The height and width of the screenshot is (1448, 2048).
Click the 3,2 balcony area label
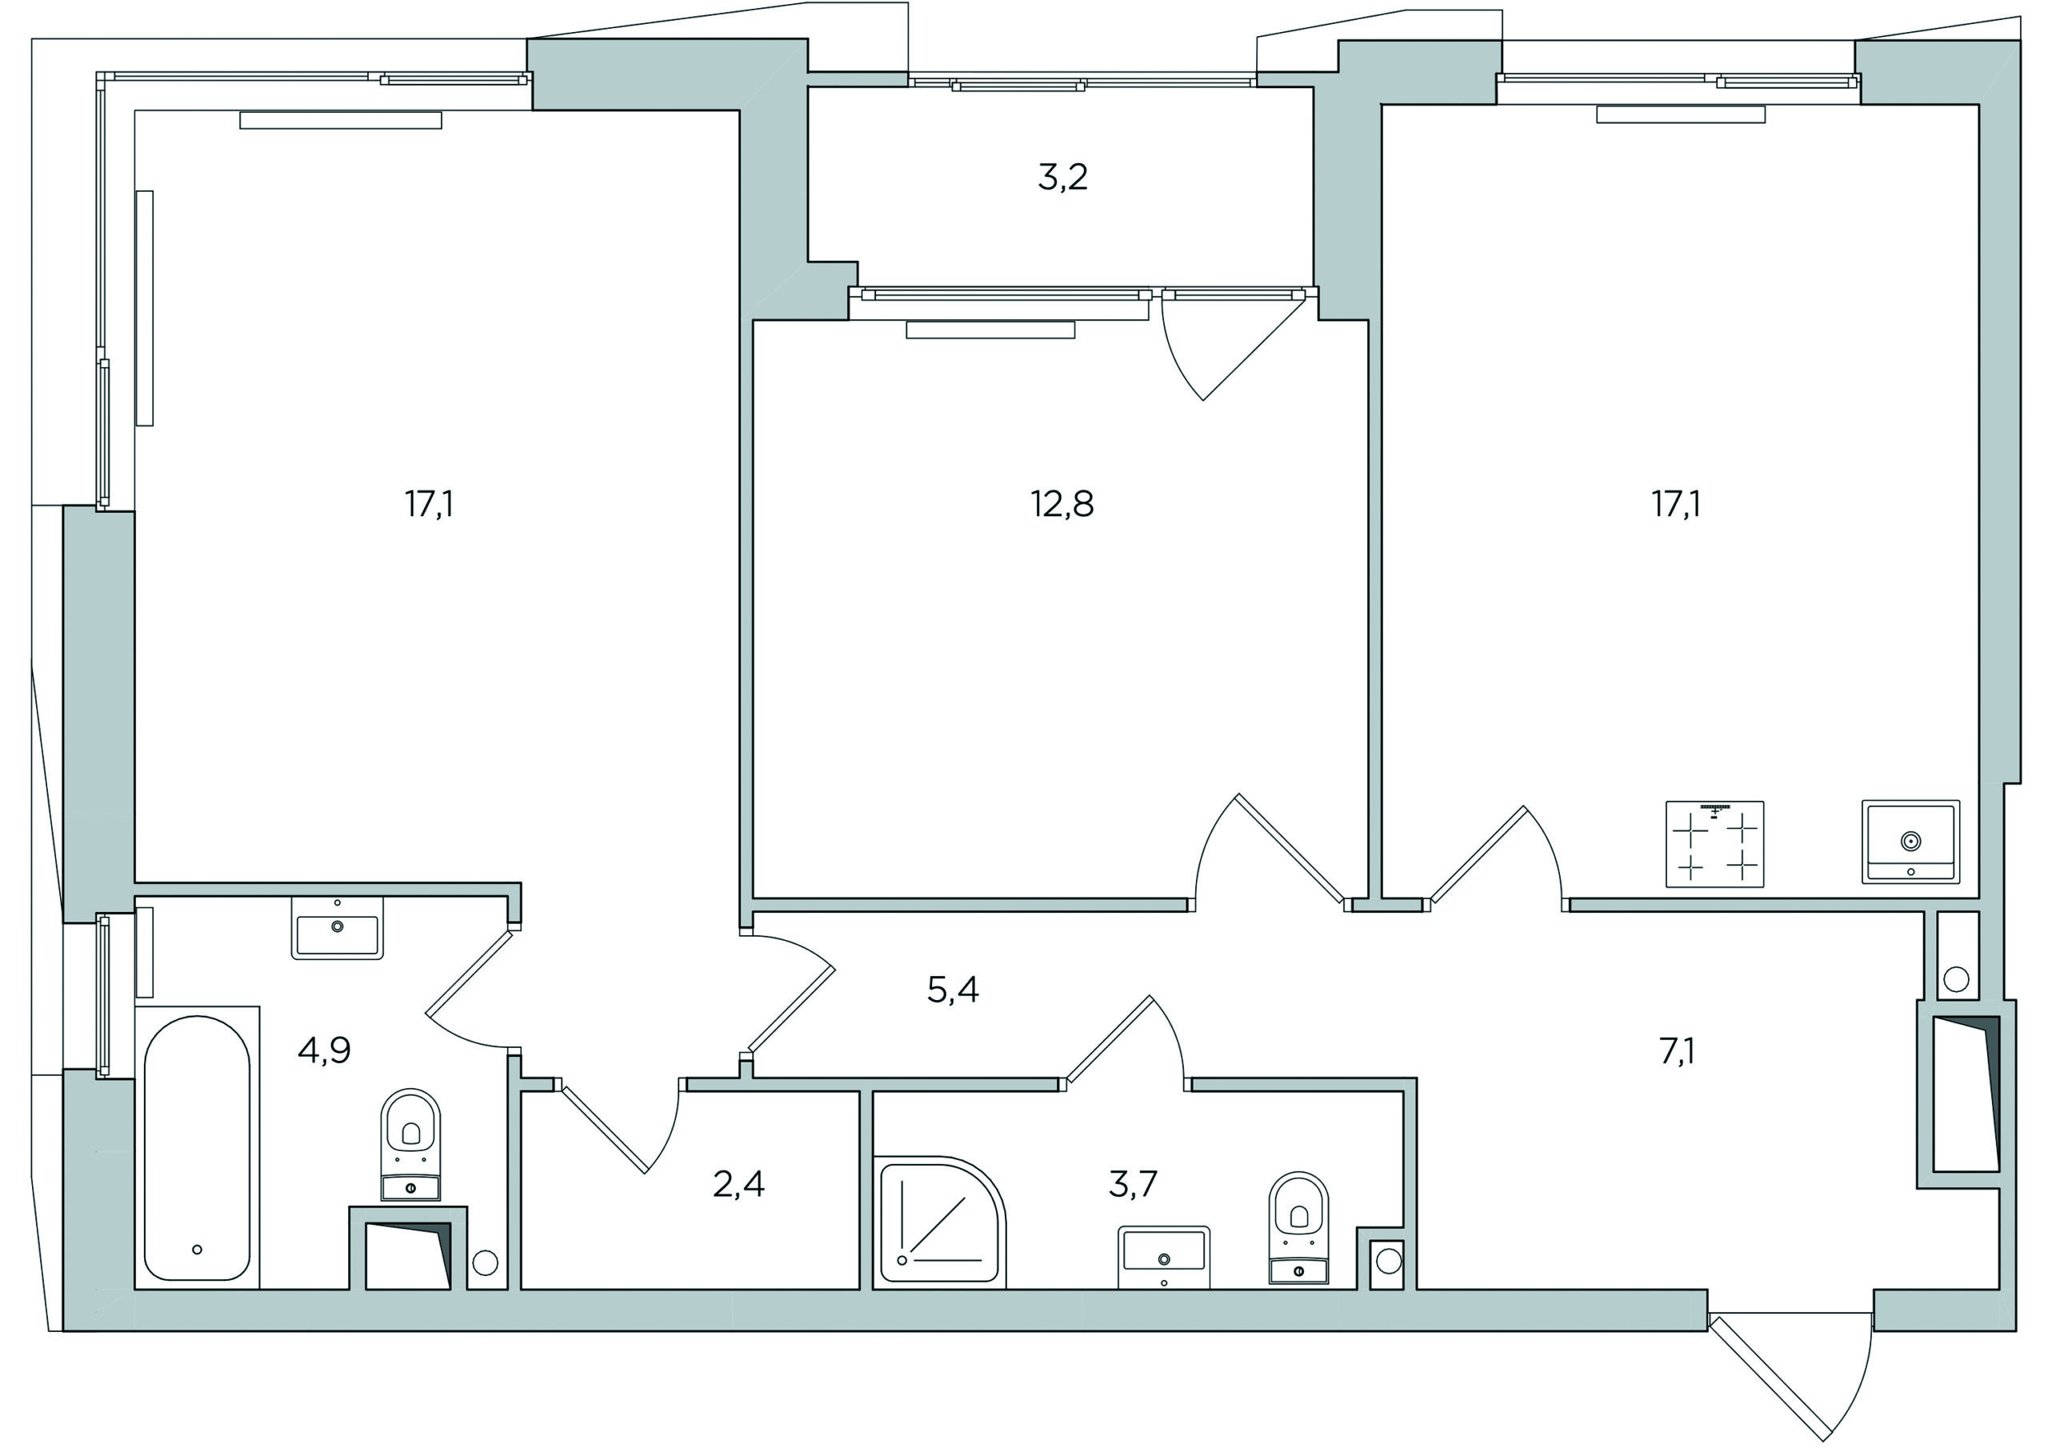tap(1062, 178)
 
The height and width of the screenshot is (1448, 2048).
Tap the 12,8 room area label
tap(1062, 505)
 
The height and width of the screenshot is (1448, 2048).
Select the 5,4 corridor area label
tap(953, 990)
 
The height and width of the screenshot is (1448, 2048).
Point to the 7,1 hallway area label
tap(1677, 1051)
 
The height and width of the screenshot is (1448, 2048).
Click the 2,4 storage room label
tap(738, 1184)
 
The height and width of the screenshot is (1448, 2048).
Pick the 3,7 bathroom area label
tap(1133, 1184)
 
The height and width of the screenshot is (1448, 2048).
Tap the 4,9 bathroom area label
tap(324, 1051)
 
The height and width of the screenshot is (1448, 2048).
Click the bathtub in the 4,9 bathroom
tap(197, 1148)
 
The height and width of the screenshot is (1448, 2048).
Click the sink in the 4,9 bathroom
tap(337, 929)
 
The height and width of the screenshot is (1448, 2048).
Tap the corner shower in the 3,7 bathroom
tap(940, 1222)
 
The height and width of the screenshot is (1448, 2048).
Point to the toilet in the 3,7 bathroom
tap(1298, 1229)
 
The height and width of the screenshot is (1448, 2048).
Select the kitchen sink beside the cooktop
tap(1910, 842)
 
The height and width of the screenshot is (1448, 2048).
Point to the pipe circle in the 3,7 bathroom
tap(1389, 1262)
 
